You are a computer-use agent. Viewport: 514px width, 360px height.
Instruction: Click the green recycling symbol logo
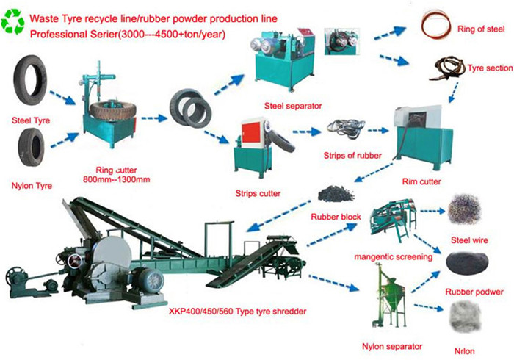click(x=12, y=21)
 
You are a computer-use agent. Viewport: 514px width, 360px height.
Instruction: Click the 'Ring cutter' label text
click(x=116, y=170)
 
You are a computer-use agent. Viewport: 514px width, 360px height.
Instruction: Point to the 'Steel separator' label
click(x=293, y=106)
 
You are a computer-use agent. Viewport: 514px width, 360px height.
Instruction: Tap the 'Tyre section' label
click(x=490, y=68)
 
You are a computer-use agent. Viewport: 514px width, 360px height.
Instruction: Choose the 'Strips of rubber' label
click(x=352, y=156)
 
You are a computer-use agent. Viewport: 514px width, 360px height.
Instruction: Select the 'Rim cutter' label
click(x=421, y=181)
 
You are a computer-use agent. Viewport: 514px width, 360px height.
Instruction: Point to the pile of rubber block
click(x=336, y=193)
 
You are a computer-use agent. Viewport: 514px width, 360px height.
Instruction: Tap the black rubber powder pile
click(x=467, y=263)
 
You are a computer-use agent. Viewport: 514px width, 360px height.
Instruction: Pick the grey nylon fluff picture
click(x=465, y=317)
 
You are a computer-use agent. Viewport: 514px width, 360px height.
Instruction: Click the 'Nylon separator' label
click(x=392, y=346)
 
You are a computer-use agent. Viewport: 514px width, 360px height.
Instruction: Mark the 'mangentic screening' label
click(x=393, y=257)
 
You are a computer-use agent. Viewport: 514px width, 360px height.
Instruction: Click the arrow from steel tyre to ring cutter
click(x=62, y=98)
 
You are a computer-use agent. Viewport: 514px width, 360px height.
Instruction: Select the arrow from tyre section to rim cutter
click(x=454, y=92)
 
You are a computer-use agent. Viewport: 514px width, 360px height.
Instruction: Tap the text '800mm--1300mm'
click(x=116, y=179)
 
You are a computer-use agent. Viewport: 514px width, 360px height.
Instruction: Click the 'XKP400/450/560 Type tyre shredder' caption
click(x=238, y=312)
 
